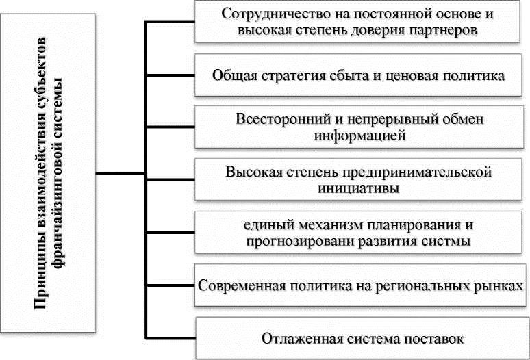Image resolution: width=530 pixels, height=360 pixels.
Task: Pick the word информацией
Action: click(x=360, y=136)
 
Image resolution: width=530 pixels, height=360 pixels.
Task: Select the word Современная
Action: click(x=236, y=283)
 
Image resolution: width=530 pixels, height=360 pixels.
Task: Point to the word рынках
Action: click(x=501, y=283)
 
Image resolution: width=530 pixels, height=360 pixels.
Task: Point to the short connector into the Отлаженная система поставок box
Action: click(x=171, y=336)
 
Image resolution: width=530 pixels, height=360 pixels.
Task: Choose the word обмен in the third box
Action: click(x=444, y=118)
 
